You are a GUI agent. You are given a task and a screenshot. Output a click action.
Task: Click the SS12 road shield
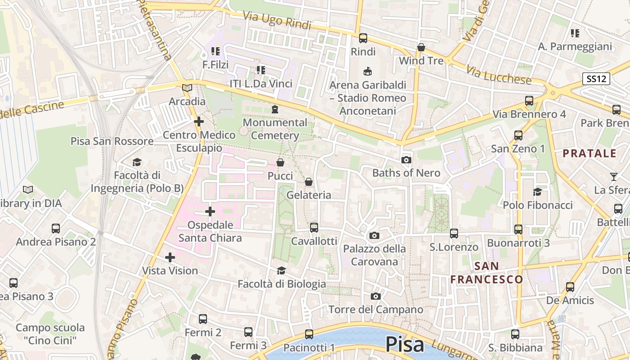tap(596, 79)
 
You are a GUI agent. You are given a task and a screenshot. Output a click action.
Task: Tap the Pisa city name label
tap(405, 345)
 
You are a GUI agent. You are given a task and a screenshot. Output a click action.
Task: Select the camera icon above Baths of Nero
tap(406, 160)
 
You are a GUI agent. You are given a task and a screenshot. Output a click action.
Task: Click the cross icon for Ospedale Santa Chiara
tap(210, 211)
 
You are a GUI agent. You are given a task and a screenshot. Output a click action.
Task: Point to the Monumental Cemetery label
tap(275, 129)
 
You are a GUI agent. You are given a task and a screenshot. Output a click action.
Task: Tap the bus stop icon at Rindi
tap(363, 38)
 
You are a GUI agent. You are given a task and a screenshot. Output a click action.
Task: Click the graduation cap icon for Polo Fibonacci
tap(537, 192)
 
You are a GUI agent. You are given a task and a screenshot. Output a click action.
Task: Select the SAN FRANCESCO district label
tap(486, 273)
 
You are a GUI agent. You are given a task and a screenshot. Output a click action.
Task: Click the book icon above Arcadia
tap(187, 88)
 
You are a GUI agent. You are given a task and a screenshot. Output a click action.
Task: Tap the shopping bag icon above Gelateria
tap(309, 182)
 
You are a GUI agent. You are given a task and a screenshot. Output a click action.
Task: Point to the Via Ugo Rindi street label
tap(277, 21)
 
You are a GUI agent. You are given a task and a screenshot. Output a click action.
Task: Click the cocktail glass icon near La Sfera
tap(614, 176)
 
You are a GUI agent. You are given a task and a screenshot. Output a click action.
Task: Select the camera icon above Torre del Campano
tap(376, 296)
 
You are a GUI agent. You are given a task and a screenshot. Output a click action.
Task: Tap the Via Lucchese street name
tap(499, 75)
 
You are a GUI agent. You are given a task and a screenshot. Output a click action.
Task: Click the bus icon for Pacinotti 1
tap(309, 334)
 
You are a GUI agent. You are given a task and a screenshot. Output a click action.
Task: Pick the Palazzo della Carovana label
tap(374, 255)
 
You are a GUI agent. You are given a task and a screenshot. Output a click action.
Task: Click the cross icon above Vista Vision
tap(170, 257)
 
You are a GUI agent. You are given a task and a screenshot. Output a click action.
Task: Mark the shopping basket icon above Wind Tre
tap(421, 47)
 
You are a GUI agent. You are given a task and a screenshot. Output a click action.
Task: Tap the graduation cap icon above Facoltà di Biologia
tap(281, 270)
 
